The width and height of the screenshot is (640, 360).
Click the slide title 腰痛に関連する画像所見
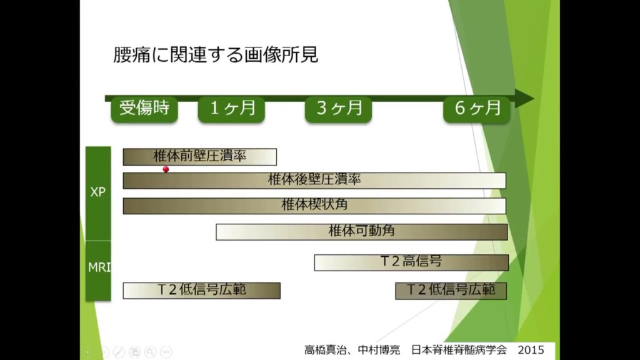pyautogui.click(x=216, y=55)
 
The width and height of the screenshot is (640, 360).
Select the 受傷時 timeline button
pyautogui.click(x=144, y=109)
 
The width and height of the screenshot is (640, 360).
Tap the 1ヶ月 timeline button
pyautogui.click(x=231, y=109)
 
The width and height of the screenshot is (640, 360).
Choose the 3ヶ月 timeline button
pyautogui.click(x=338, y=109)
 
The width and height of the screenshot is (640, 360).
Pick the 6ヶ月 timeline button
pyautogui.click(x=477, y=109)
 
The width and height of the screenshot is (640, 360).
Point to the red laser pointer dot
pyautogui.click(x=166, y=169)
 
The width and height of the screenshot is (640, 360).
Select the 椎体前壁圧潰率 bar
pyautogui.click(x=199, y=157)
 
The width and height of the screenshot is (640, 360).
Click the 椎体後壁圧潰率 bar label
pyautogui.click(x=314, y=179)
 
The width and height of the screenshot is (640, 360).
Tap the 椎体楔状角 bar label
pyautogui.click(x=314, y=204)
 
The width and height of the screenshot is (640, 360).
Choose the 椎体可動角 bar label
pyautogui.click(x=362, y=231)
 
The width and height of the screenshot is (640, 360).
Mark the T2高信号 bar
pyautogui.click(x=411, y=262)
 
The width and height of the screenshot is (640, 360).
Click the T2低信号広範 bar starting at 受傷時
pyautogui.click(x=202, y=291)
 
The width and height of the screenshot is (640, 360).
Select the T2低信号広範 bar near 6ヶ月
pyautogui.click(x=451, y=291)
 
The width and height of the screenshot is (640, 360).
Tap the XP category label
pyautogui.click(x=98, y=192)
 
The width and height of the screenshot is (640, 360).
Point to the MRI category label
pyautogui.click(x=99, y=267)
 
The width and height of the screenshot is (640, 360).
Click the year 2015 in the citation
pyautogui.click(x=531, y=350)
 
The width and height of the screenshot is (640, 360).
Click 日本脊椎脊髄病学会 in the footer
pyautogui.click(x=459, y=350)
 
